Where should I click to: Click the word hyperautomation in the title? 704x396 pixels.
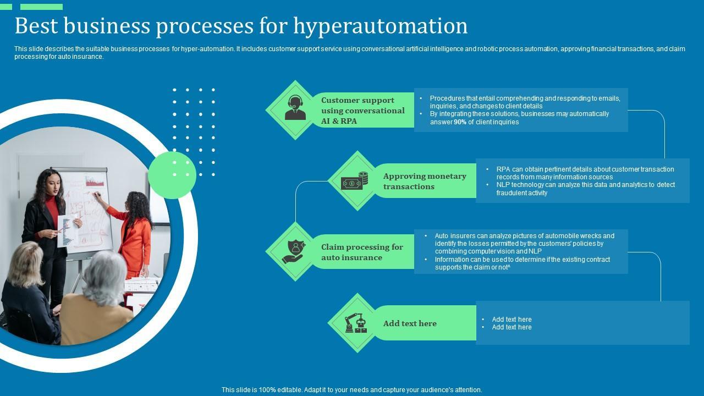tap(381, 26)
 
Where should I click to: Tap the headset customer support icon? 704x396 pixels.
tap(295, 108)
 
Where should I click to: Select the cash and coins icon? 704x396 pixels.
tap(355, 180)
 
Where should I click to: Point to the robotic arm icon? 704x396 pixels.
tap(356, 323)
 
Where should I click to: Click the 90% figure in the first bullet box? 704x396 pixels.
tap(460, 122)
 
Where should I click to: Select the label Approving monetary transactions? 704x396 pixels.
tap(424, 181)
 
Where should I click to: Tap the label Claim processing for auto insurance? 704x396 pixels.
tap(362, 252)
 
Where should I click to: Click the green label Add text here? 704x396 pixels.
tap(410, 323)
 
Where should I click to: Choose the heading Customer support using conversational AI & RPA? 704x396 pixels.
tap(362, 111)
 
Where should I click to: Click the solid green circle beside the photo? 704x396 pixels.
tap(172, 175)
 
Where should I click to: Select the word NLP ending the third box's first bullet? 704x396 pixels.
tap(534, 251)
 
